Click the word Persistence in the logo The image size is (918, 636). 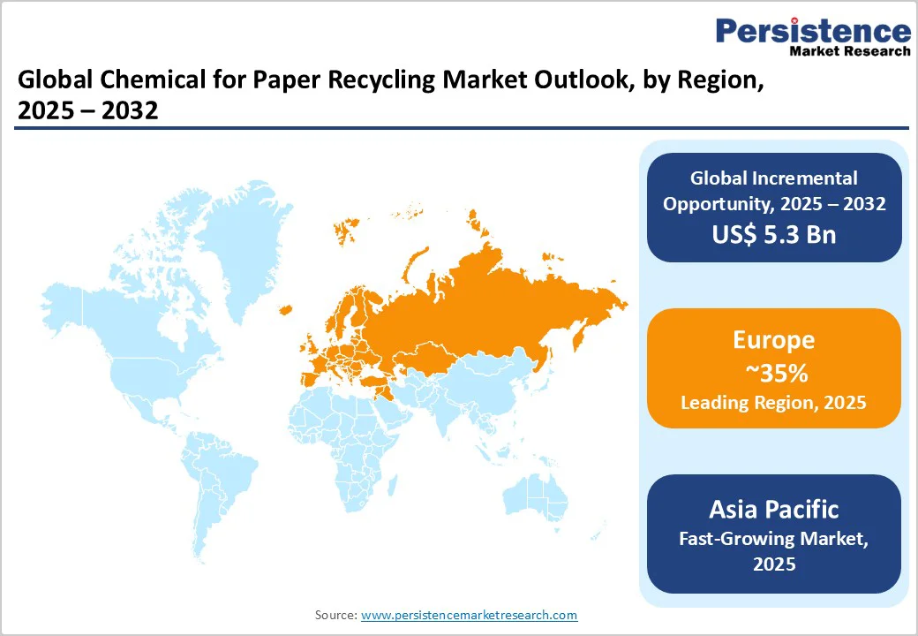pos(813,32)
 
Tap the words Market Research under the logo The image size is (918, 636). pos(847,51)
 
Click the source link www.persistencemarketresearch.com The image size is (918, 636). pos(469,615)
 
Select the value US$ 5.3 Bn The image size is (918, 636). pos(774,234)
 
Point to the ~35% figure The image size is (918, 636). pos(773,373)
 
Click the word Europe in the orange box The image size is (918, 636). pos(773,341)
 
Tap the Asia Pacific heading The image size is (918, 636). pos(773,510)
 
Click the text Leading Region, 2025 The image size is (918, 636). pos(773,403)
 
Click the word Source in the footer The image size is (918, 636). pos(335,615)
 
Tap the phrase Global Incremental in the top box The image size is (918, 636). pos(773,178)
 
